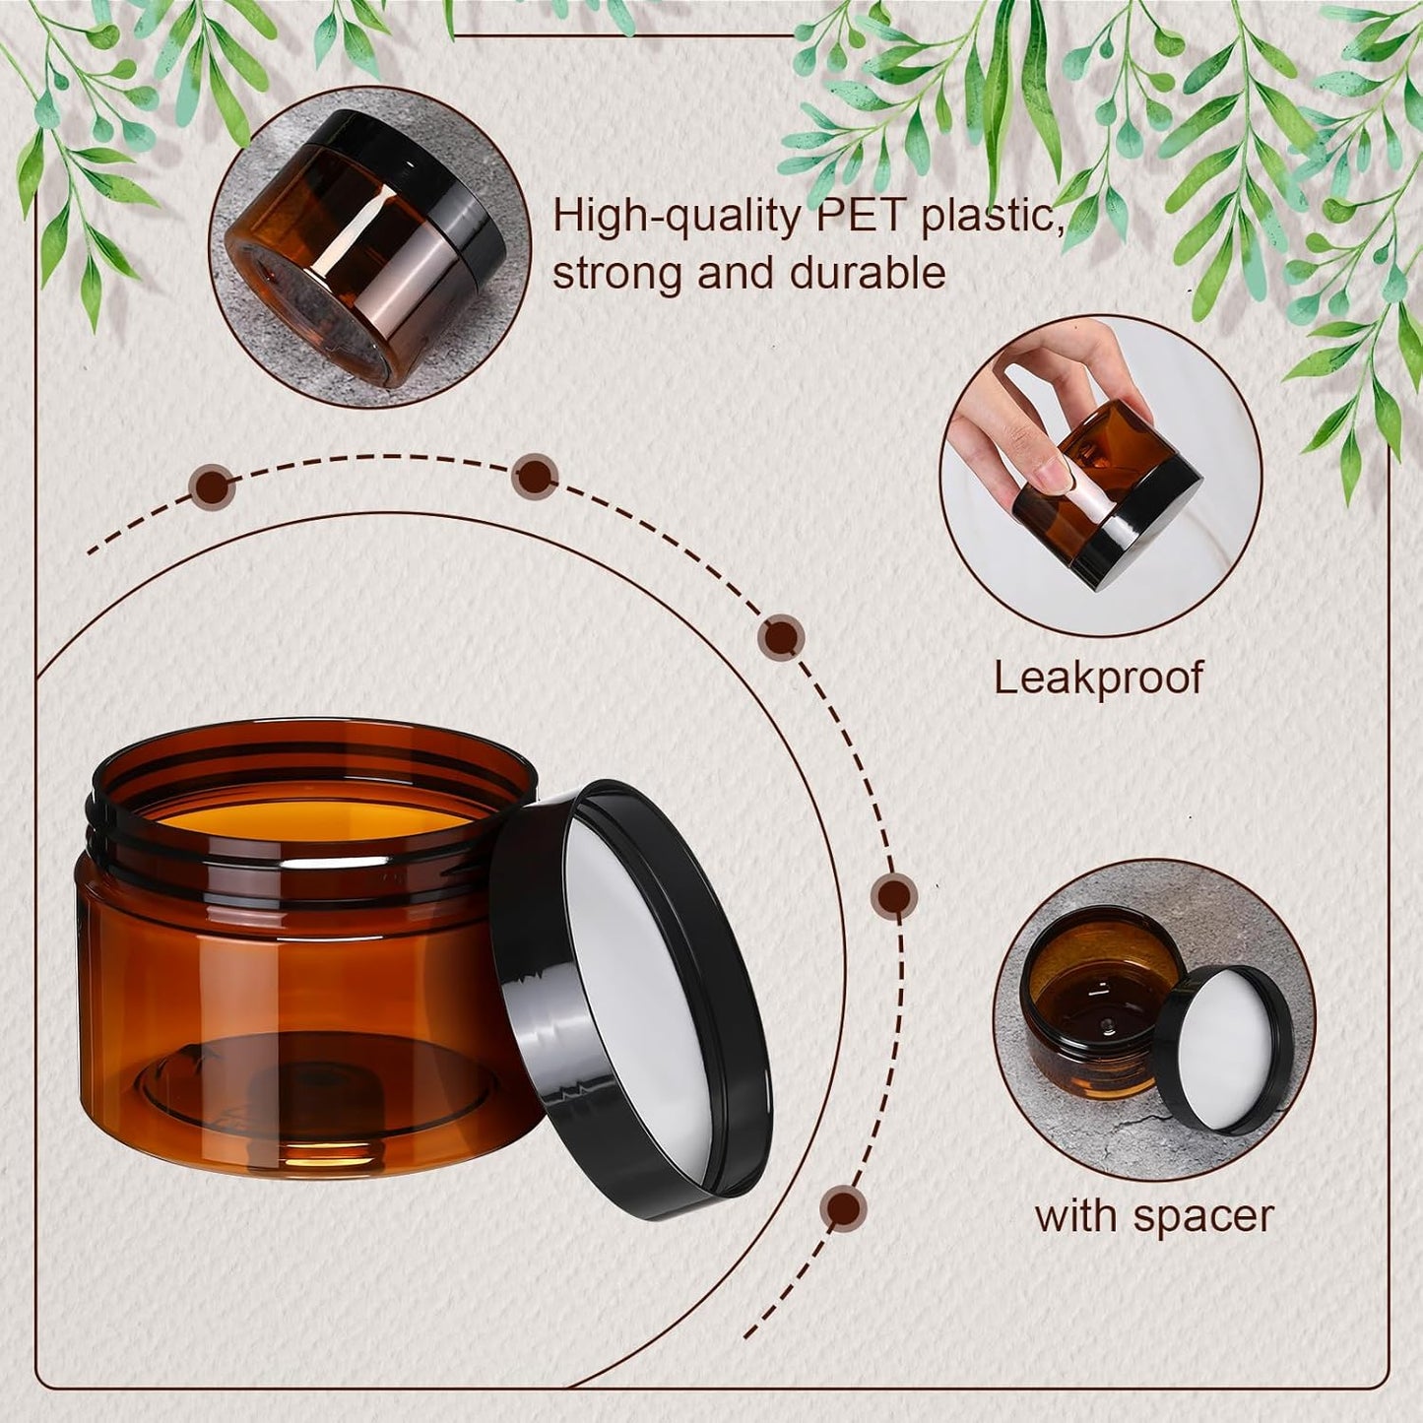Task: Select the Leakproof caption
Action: [x=1098, y=678]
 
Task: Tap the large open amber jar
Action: [x=295, y=965]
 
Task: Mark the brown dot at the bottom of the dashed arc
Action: [x=844, y=1206]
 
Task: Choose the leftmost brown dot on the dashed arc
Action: [x=213, y=486]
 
